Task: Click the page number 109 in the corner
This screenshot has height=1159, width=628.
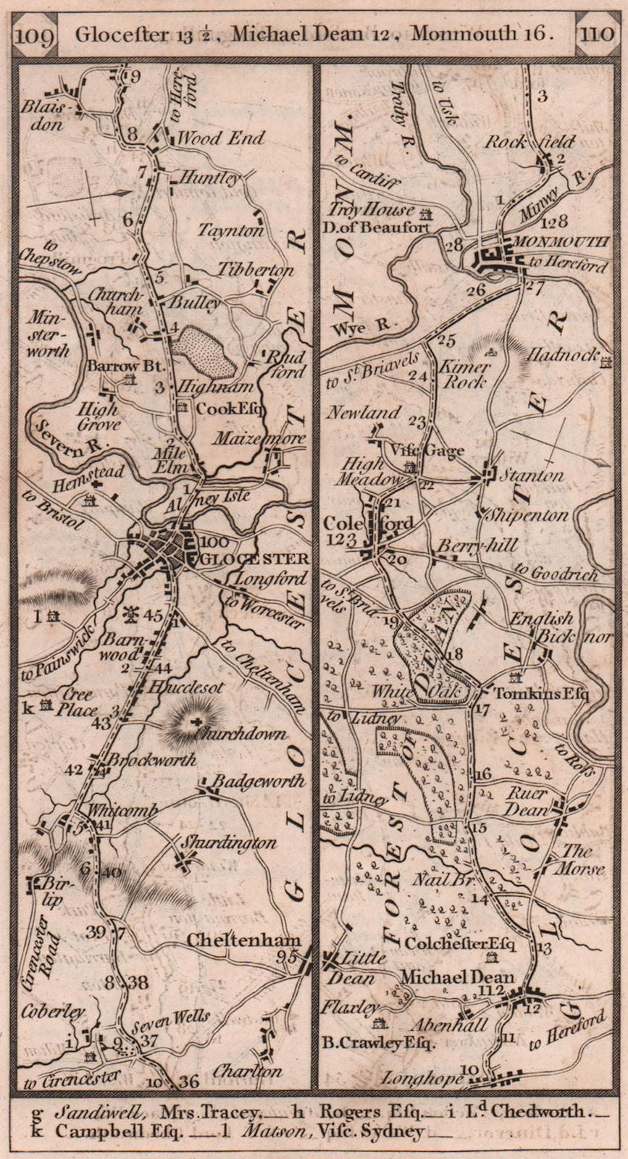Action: coord(34,34)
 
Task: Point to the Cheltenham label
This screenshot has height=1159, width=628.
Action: coord(243,940)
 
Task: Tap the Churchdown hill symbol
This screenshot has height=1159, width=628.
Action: coord(195,721)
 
